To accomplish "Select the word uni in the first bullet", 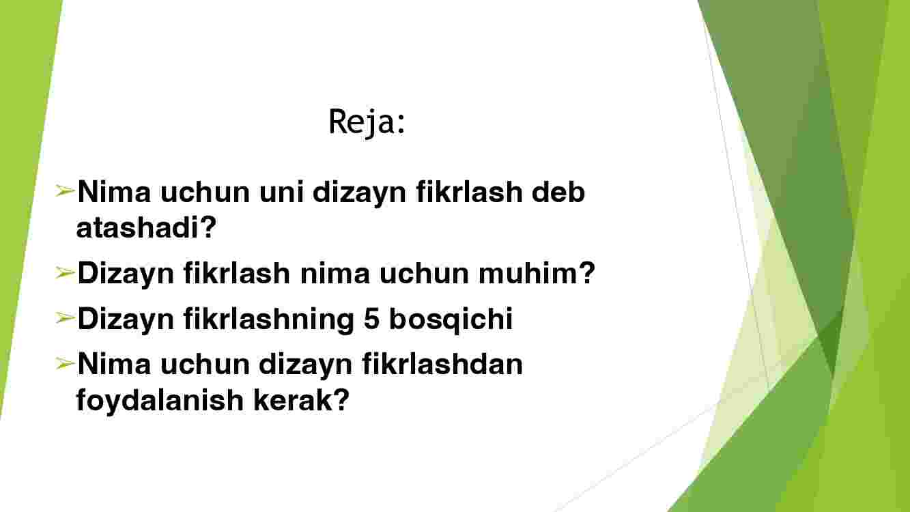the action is tap(281, 193).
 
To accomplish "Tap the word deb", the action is tap(558, 192).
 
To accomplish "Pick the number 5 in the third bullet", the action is tap(372, 319).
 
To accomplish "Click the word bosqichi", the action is tap(451, 319).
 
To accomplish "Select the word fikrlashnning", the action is tap(268, 319).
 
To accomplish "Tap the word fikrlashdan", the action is tap(442, 364).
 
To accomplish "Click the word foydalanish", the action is tap(160, 401).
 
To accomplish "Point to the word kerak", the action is tap(294, 400).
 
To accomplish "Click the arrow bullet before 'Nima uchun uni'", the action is tap(65, 190).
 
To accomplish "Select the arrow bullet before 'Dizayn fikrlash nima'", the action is tap(65, 272).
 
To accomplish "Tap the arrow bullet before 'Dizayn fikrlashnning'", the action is tap(65, 317).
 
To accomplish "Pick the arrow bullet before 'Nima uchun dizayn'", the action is tap(65, 363).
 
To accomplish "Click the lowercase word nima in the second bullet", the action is tap(335, 274).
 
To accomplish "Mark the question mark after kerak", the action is tap(341, 399).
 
